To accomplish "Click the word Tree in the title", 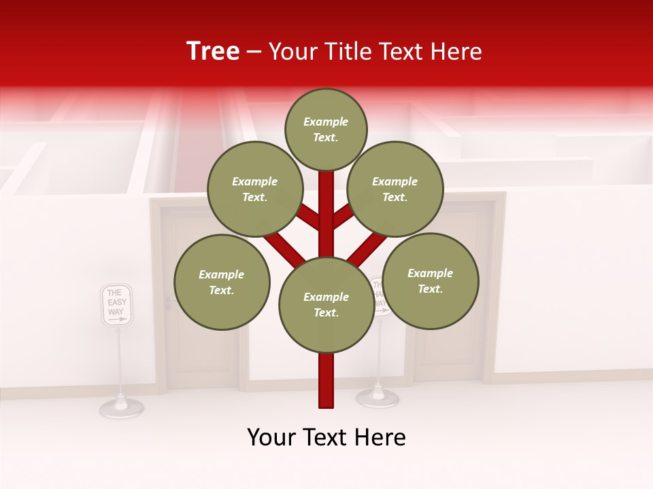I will (x=213, y=51).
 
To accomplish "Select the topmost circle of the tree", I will (x=326, y=129).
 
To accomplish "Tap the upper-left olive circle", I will (x=254, y=189).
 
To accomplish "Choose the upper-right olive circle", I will (x=395, y=189).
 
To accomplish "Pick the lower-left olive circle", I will (x=222, y=282).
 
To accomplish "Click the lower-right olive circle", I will (x=430, y=280).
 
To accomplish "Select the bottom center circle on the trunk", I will (x=326, y=304).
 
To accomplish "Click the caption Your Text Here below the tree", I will (x=326, y=437).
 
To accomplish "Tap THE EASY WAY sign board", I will (x=116, y=304).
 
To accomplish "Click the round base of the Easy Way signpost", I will (x=122, y=407).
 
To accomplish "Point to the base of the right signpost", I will (x=378, y=397).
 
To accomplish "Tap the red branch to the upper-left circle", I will (x=309, y=217).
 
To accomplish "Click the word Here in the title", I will (x=458, y=51).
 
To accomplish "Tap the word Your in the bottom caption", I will (x=271, y=437).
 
